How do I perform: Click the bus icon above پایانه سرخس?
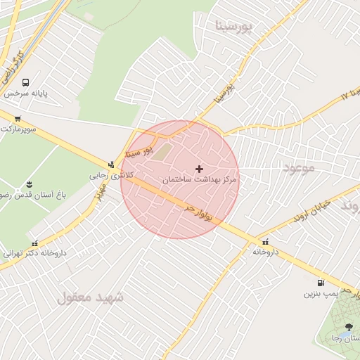pos(26,82)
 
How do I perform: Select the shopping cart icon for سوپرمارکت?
pos(18,118)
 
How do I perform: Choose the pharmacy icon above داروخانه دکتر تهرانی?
pos(34,243)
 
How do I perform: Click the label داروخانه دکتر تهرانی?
pos(34,253)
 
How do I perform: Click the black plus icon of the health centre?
pos(200,169)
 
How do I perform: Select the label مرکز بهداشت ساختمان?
pos(200,180)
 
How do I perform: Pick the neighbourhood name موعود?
pos(300,167)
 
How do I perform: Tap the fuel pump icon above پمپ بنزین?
pos(321,283)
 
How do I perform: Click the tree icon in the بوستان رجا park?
pos(349,327)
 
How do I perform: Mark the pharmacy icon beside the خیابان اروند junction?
pos(264,242)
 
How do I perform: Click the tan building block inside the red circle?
pos(162,151)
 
